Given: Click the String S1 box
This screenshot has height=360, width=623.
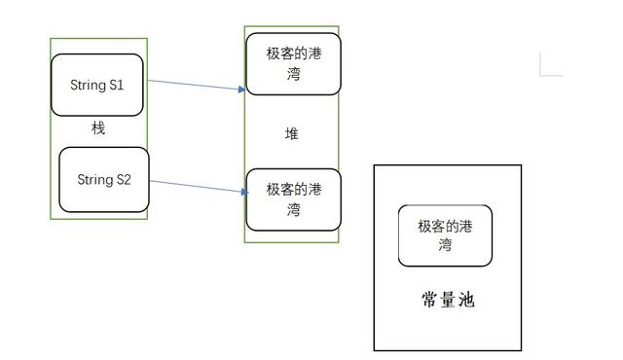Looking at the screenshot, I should pos(97,85).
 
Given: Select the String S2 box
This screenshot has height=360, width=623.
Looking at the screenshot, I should pos(104,180).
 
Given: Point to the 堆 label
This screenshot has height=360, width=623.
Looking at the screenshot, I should pos(292,133).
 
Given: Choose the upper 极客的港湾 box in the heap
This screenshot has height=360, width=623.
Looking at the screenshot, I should pos(293,64).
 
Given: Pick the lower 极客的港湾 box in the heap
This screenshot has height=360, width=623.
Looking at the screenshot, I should pos(293,198).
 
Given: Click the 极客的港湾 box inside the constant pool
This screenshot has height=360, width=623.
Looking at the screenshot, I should pos(445,235).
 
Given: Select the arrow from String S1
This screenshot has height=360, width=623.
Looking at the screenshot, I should pos(195,86).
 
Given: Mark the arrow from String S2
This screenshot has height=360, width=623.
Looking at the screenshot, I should pos(195,185).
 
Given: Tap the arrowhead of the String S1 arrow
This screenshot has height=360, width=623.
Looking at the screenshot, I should pos(242,90).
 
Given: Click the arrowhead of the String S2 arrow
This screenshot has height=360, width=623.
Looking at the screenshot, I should pos(241,191).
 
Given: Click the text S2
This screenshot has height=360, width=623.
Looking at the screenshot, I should pos(122,180).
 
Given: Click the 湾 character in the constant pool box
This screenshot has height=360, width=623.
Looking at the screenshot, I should pos(445,245).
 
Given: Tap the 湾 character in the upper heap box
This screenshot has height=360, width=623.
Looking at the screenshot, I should pos(293,74).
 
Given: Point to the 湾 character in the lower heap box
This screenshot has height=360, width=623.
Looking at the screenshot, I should pos(293,208).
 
